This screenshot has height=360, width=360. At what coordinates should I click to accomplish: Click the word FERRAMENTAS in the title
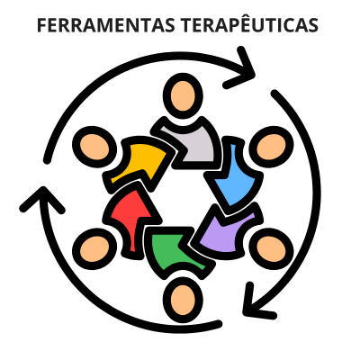(x=106, y=25)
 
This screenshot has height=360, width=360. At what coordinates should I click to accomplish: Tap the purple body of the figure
(x=227, y=230)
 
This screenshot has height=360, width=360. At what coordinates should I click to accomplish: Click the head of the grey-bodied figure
(x=183, y=96)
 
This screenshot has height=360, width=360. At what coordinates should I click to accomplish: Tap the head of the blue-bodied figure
(x=271, y=147)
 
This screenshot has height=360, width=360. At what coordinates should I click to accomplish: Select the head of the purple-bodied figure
(x=271, y=248)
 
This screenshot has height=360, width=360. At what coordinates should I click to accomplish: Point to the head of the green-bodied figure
(x=183, y=300)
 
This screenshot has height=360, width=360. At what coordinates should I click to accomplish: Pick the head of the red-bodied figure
(x=94, y=248)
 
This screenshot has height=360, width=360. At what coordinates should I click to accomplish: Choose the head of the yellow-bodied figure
(x=94, y=147)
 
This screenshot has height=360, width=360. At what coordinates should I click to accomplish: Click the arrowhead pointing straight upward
(x=43, y=200)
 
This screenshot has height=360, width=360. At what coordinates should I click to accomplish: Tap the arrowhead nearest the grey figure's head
(x=240, y=67)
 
